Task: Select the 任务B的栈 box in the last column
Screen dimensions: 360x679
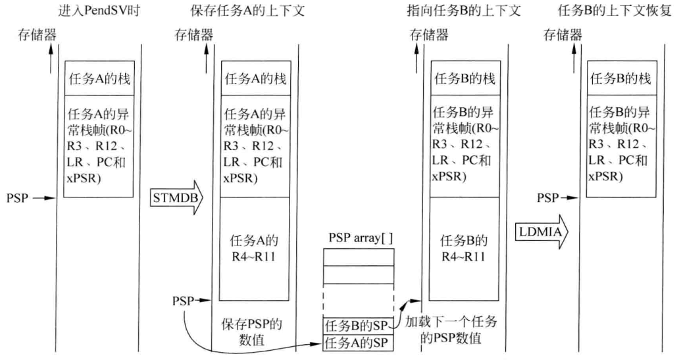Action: click(x=620, y=79)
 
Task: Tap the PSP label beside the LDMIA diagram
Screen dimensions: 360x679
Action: click(x=547, y=197)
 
